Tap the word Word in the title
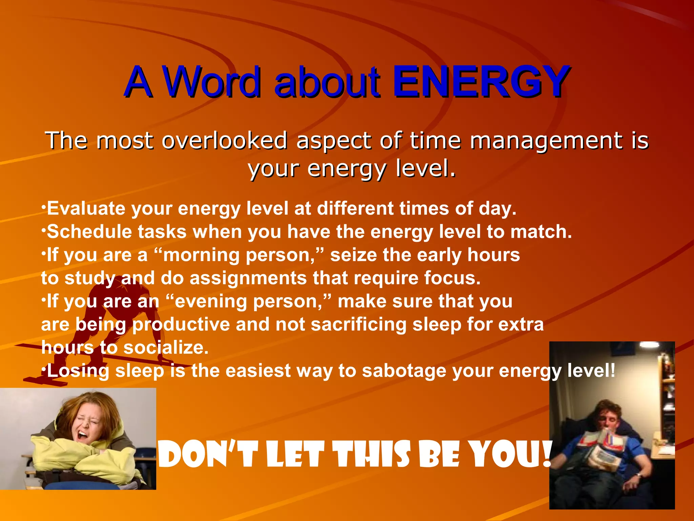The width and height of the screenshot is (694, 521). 212,82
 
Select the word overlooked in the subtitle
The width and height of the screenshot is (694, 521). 224,140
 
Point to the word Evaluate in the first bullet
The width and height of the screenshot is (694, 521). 86,208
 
